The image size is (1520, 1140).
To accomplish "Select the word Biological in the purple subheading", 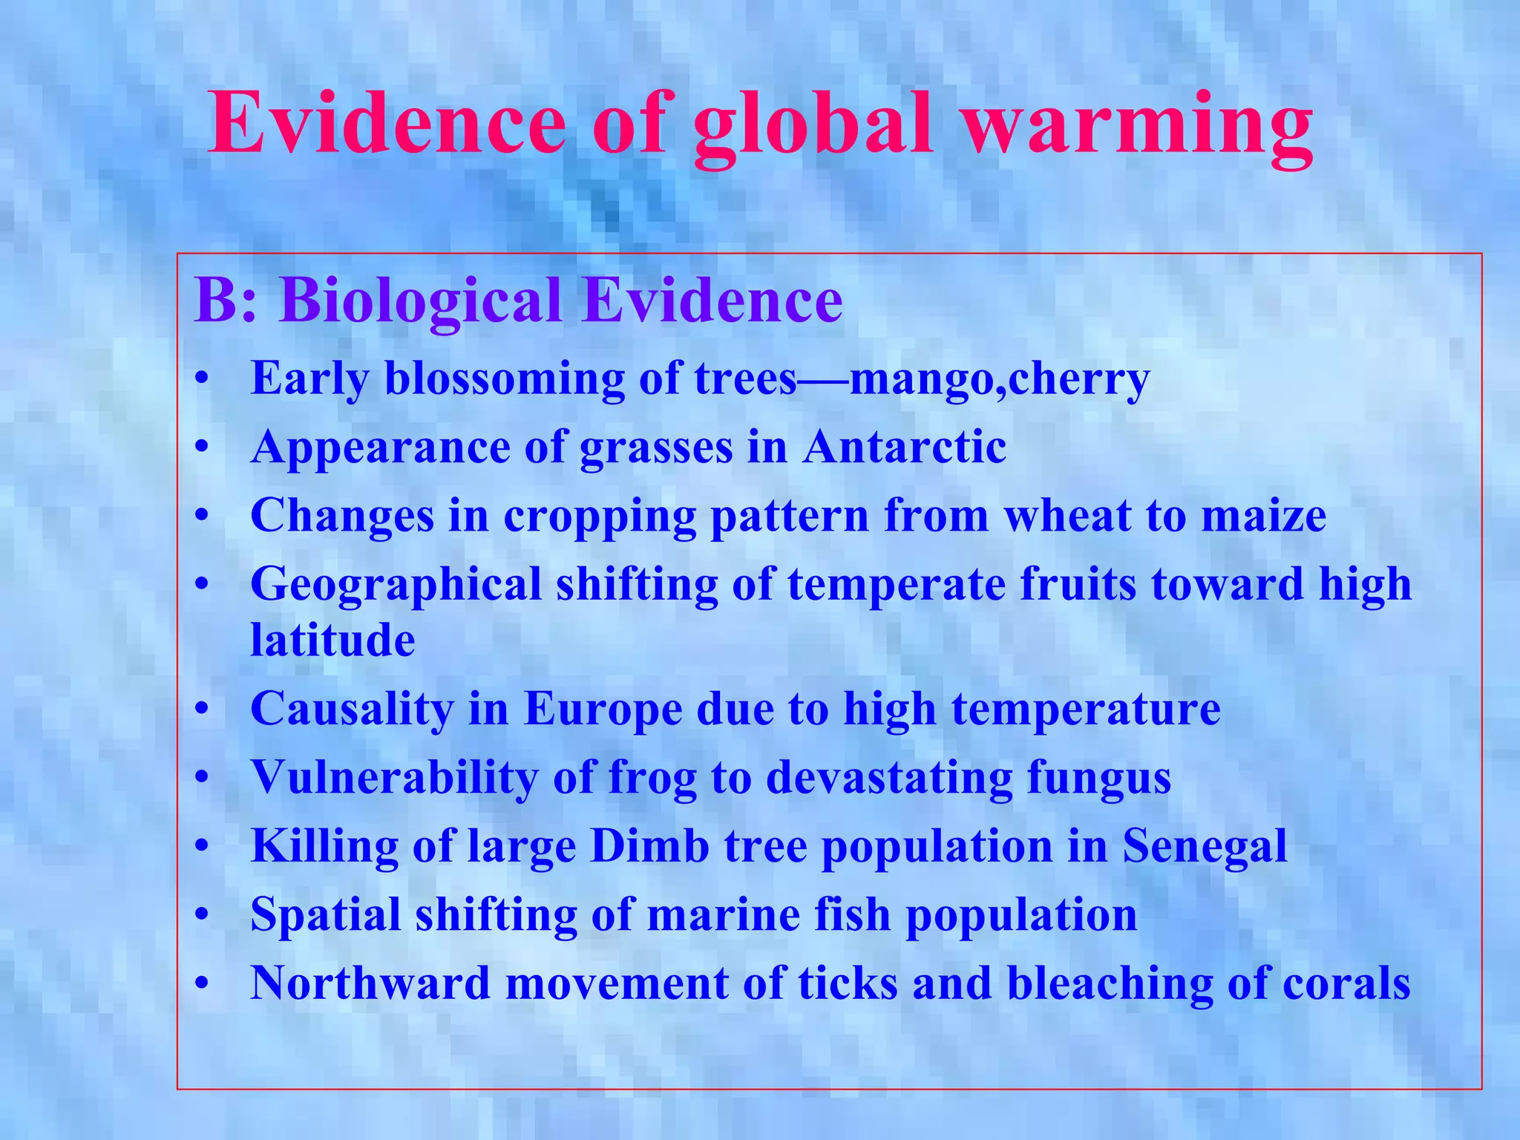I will (420, 301).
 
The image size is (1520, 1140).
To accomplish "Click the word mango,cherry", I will (999, 379).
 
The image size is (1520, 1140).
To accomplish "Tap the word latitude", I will (332, 640).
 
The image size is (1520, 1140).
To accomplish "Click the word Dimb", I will (649, 846).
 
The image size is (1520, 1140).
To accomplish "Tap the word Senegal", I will (1204, 846).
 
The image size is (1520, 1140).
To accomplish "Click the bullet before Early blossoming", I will (200, 381).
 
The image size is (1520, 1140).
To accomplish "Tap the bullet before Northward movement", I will (200, 985).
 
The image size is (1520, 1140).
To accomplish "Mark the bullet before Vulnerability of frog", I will (200, 779).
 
